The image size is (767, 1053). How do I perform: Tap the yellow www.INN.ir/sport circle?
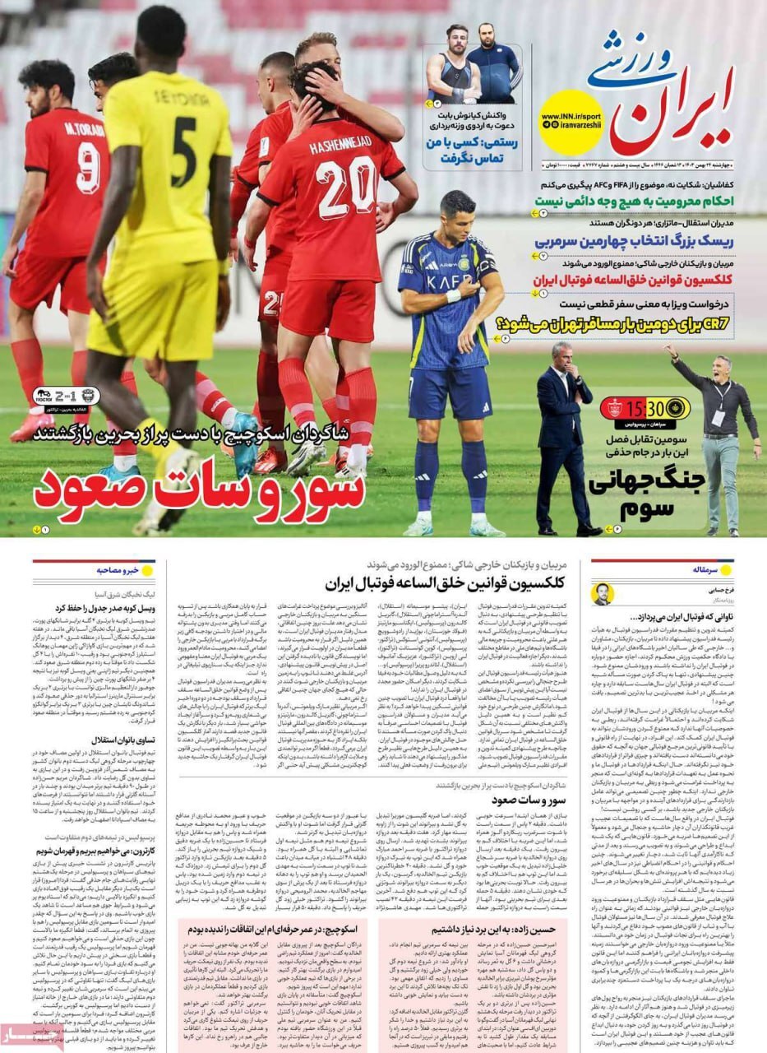point(571,121)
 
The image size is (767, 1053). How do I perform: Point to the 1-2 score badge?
point(67,397)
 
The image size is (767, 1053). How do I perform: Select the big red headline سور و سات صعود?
point(199,491)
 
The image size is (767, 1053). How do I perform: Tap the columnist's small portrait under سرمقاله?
point(603,593)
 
